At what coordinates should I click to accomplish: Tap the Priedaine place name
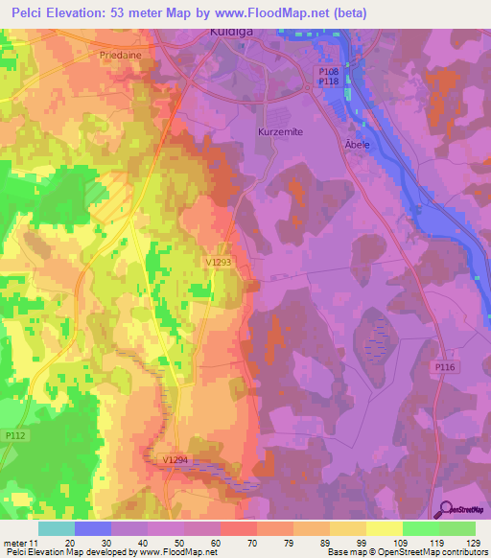tap(121, 56)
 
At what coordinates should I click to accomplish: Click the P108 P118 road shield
tap(330, 76)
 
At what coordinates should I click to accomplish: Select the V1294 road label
tap(175, 460)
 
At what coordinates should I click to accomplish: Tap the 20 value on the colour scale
tap(70, 542)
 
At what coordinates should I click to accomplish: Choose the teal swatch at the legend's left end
tap(57, 528)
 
